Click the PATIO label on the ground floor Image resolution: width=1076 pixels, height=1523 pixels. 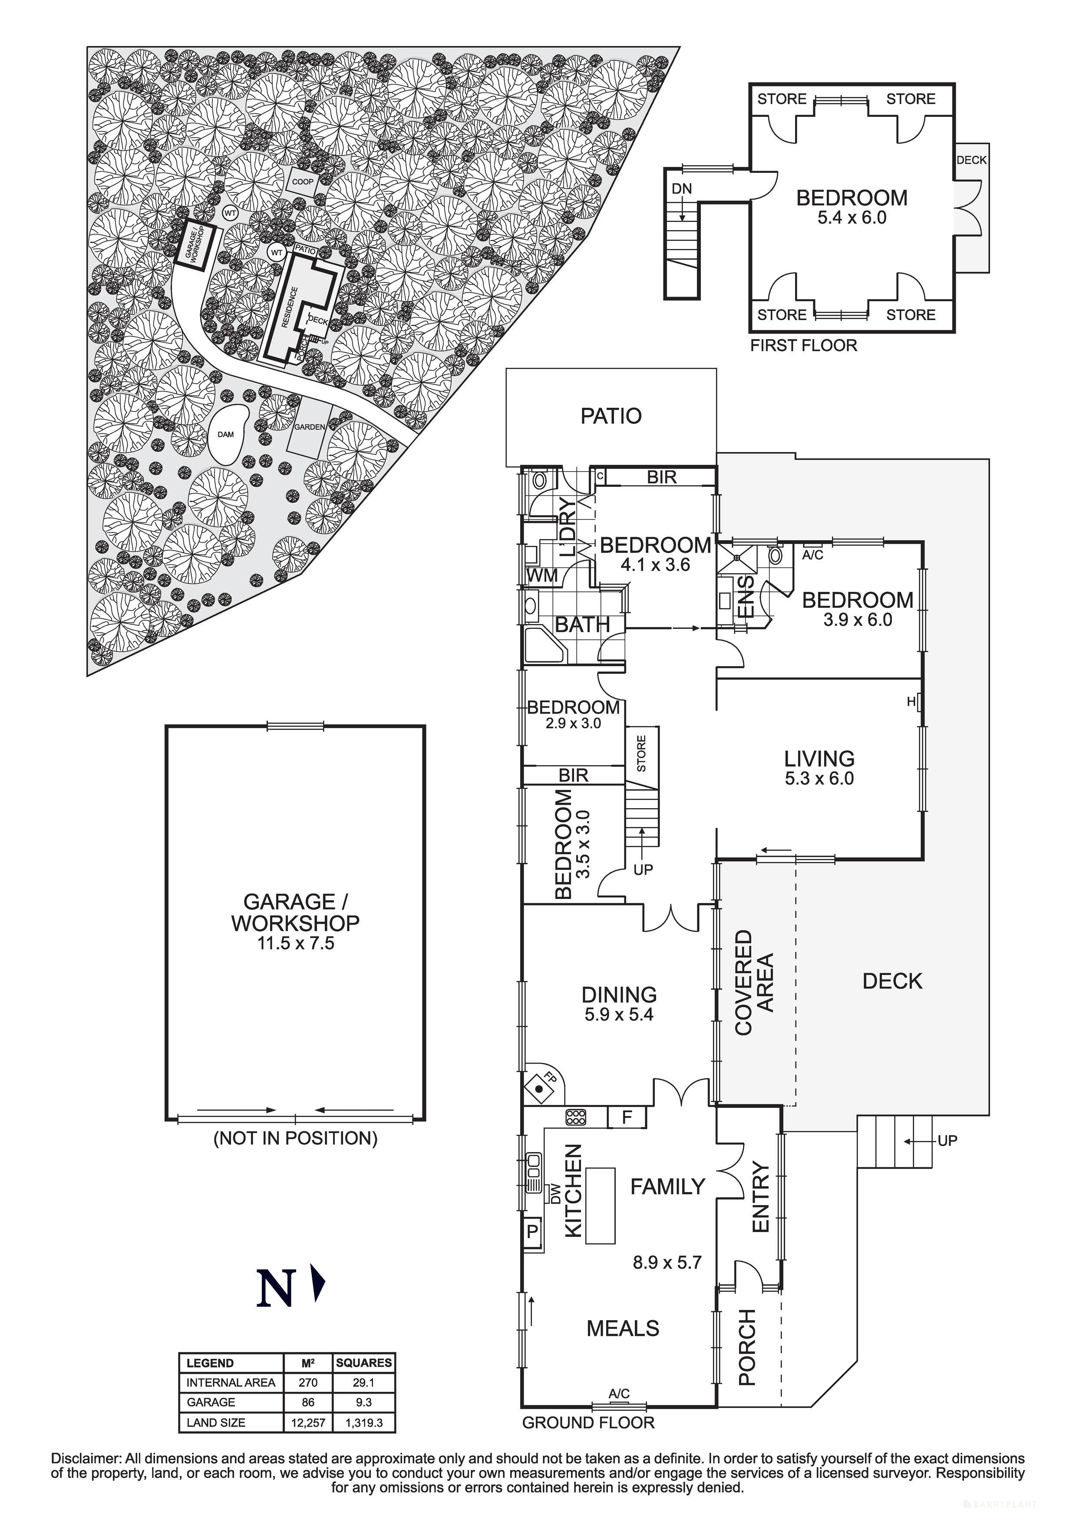(611, 416)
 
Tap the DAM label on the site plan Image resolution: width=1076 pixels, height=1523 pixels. (225, 434)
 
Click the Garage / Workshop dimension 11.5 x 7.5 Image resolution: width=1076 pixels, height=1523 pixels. (295, 943)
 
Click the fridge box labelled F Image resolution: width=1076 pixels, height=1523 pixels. (627, 1118)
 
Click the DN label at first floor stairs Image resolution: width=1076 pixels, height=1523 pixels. (681, 189)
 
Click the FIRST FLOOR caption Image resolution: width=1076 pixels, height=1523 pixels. (803, 346)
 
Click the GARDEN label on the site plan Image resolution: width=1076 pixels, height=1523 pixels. (310, 427)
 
